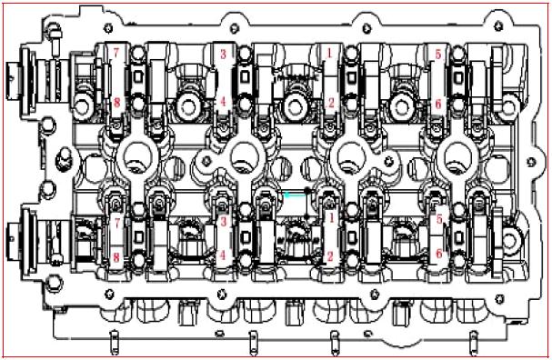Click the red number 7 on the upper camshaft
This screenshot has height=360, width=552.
[116, 53]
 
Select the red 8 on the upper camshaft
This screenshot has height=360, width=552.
[116, 103]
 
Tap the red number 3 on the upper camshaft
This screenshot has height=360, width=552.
[223, 54]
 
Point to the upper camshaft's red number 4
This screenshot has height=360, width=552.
[223, 102]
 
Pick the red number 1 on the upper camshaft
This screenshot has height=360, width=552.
[329, 53]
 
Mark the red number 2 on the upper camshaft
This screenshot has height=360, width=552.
[331, 103]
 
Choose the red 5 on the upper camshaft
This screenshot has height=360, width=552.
[438, 55]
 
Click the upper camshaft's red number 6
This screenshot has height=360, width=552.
[438, 104]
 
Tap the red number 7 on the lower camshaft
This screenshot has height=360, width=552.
[117, 223]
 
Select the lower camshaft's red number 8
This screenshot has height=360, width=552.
[116, 257]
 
